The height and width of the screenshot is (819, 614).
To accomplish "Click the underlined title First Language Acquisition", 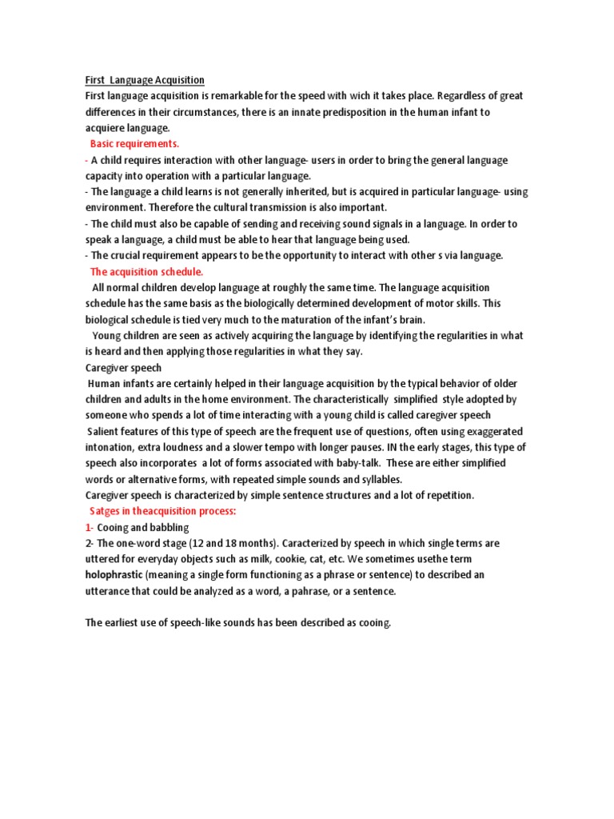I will [145, 80].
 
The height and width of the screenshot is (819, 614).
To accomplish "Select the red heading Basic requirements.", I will [135, 144].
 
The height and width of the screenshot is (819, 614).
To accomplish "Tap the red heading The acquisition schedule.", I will [147, 272].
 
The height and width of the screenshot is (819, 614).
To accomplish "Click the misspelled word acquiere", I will [106, 128].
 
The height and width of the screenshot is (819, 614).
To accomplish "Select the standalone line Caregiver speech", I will [123, 368].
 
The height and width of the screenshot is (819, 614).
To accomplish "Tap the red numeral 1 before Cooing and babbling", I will [88, 528].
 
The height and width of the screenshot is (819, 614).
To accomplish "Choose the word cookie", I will [299, 560].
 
